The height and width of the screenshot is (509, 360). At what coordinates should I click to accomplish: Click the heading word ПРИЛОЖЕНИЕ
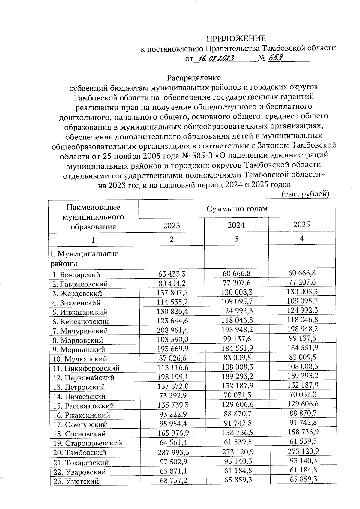point(236,39)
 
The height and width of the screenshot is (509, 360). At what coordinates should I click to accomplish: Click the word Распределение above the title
point(194,78)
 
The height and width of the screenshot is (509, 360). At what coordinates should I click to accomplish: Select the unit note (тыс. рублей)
point(306,194)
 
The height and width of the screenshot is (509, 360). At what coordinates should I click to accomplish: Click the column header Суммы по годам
point(237,209)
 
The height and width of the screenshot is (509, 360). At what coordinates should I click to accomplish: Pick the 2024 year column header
point(236,225)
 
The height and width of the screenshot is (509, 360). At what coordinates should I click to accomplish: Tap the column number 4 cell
point(302,238)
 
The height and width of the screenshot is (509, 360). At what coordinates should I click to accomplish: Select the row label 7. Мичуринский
point(80,331)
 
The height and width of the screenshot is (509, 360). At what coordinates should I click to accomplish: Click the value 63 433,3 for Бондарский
point(172,274)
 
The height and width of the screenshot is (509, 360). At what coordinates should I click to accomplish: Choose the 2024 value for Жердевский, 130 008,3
point(236,292)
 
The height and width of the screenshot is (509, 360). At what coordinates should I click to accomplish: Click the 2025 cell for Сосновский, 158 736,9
point(302,432)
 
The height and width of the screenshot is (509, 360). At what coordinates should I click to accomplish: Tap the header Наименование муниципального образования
point(93,217)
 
